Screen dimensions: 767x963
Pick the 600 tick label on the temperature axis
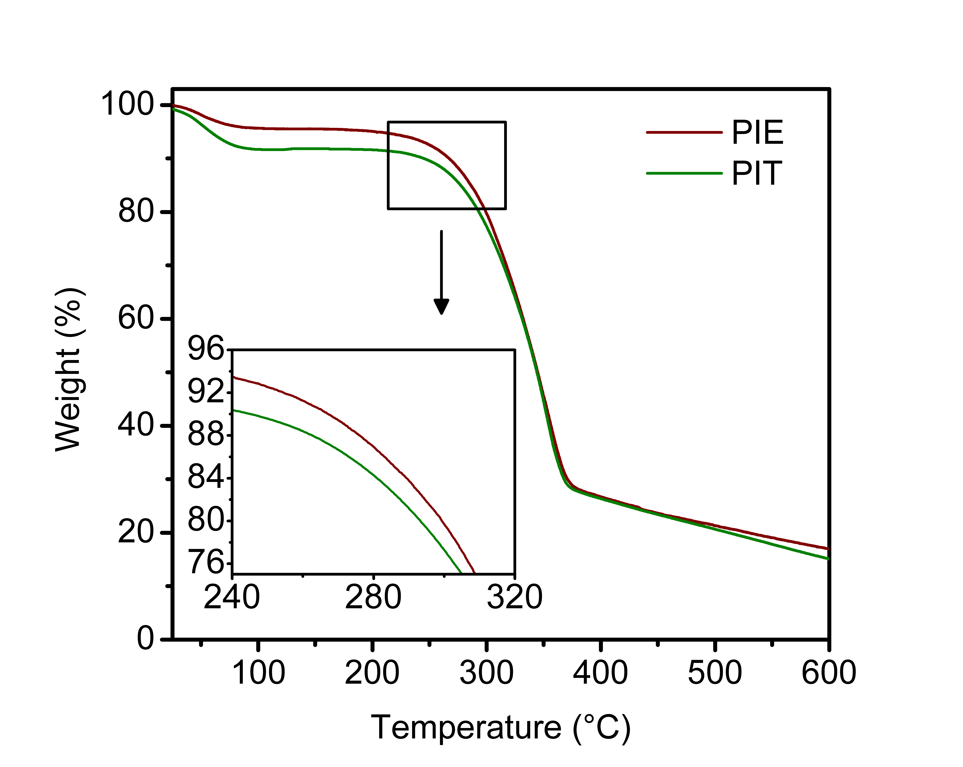(x=829, y=673)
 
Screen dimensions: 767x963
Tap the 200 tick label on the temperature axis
(x=372, y=673)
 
